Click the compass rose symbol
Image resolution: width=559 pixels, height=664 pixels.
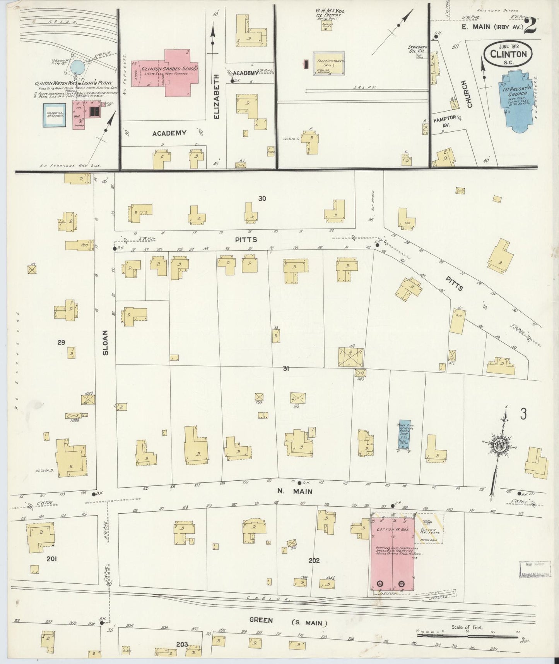click(x=502, y=446)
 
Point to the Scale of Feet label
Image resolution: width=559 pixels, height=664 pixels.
click(x=467, y=627)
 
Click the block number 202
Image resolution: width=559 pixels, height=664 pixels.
click(x=314, y=560)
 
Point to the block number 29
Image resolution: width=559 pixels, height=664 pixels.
click(x=61, y=342)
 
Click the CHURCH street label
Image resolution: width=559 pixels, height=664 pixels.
click(x=469, y=94)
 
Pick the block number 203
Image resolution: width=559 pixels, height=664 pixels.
click(x=182, y=644)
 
